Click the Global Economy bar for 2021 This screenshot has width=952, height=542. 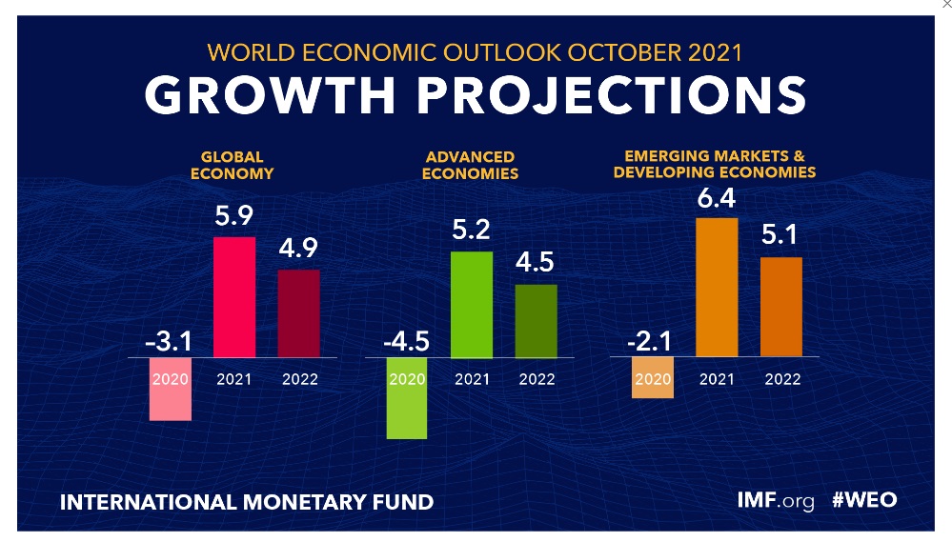[x=233, y=296]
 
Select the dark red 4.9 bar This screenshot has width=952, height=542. [x=298, y=312]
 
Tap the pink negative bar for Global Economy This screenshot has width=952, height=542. [x=171, y=389]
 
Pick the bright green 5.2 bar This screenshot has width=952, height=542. [x=471, y=304]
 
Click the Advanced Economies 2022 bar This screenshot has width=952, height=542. [x=536, y=320]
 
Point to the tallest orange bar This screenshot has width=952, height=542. [x=717, y=287]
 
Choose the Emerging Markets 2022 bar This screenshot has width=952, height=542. [x=781, y=307]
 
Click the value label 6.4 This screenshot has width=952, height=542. [x=717, y=199]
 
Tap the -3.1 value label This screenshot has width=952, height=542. [x=169, y=339]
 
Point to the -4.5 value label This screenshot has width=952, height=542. [x=405, y=339]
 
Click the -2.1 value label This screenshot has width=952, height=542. [x=651, y=339]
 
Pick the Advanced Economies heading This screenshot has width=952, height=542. [x=471, y=165]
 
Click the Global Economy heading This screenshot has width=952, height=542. [x=233, y=165]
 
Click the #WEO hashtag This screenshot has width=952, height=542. [x=864, y=500]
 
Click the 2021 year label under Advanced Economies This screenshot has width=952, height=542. [x=471, y=379]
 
